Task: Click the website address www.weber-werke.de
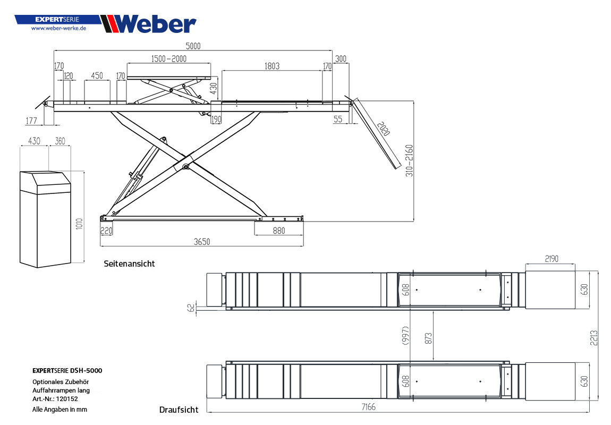[x=58, y=28]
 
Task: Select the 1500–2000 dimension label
[x=168, y=58]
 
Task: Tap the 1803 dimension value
[x=271, y=66]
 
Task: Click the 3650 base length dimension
[x=201, y=242]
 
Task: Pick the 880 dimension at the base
[x=278, y=231]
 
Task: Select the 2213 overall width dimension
[x=595, y=338]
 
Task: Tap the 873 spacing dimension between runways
[x=429, y=338]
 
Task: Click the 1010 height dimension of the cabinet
[x=79, y=223]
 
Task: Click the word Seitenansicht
[x=129, y=263]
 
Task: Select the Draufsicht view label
[x=179, y=410]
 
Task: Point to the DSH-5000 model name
[x=86, y=370]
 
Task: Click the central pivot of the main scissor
[x=185, y=167]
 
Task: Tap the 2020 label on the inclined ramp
[x=383, y=129]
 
